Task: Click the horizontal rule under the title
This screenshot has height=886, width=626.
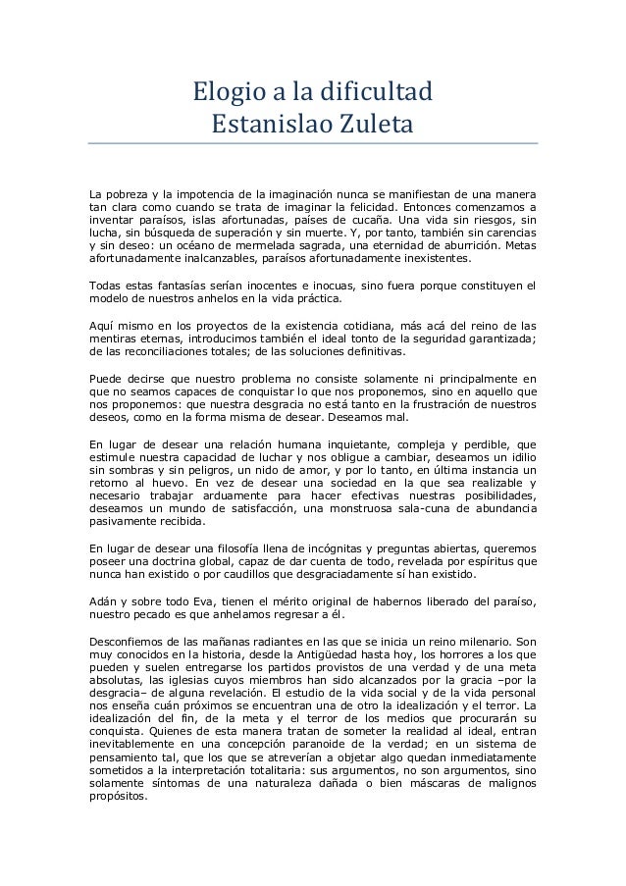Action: pyautogui.click(x=313, y=143)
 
